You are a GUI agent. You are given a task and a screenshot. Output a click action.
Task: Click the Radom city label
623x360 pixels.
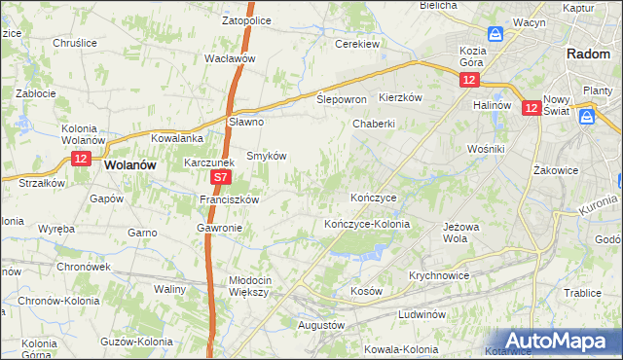pyautogui.click(x=587, y=55)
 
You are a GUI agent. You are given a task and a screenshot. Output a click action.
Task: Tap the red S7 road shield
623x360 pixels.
pyautogui.click(x=222, y=178)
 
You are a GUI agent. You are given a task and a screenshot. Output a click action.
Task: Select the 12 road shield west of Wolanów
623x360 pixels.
pyautogui.click(x=81, y=158)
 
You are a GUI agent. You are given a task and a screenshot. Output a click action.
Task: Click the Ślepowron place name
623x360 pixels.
pyautogui.click(x=342, y=100)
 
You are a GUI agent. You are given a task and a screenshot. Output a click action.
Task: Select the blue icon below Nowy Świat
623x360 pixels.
pyautogui.click(x=587, y=117)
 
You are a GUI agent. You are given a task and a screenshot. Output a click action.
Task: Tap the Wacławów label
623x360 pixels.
pyautogui.click(x=230, y=58)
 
